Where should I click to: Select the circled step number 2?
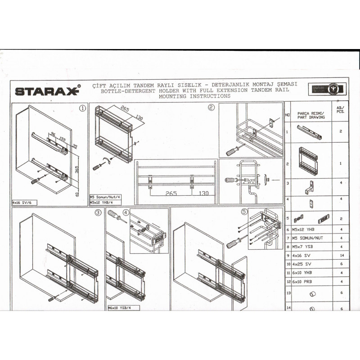pos(211,108)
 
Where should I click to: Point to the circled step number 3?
pos(98,213)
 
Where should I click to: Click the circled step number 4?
pos(126,213)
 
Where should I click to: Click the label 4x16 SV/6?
pos(23,203)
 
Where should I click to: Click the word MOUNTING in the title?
pos(171,96)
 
